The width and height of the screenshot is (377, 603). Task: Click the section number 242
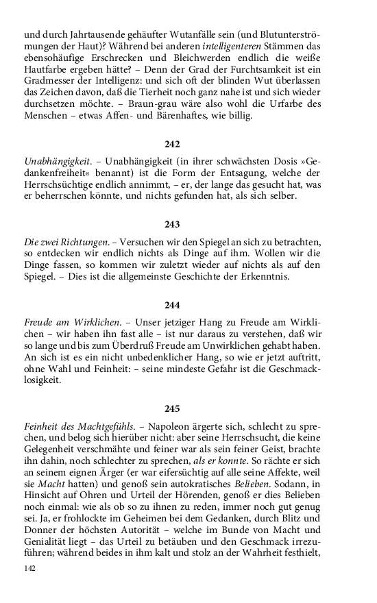point(172,145)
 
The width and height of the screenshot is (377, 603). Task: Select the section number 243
point(172,223)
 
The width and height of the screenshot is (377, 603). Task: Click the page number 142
point(29,568)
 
